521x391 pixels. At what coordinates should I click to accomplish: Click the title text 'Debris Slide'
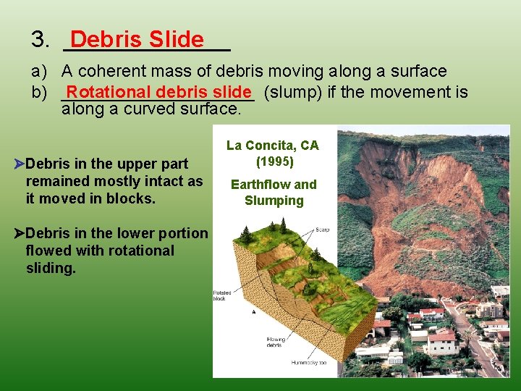[x=137, y=40]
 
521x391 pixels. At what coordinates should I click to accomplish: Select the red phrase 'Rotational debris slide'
[x=158, y=93]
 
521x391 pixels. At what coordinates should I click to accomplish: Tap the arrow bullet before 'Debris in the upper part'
[x=20, y=164]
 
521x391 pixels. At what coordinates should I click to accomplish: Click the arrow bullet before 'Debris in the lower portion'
[x=20, y=233]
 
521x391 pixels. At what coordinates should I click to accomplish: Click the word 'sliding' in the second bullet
[x=51, y=268]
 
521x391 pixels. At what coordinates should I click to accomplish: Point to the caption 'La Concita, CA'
[x=273, y=146]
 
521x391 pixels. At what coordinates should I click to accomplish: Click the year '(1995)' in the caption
[x=273, y=160]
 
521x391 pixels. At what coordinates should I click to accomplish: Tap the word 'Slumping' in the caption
[x=274, y=201]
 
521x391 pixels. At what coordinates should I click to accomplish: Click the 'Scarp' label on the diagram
[x=323, y=230]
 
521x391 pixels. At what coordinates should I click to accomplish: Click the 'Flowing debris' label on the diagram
[x=275, y=342]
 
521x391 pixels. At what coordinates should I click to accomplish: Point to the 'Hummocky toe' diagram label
[x=309, y=362]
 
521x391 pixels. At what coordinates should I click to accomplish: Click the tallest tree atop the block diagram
[x=283, y=225]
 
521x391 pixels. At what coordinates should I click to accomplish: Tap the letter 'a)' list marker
[x=39, y=72]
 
